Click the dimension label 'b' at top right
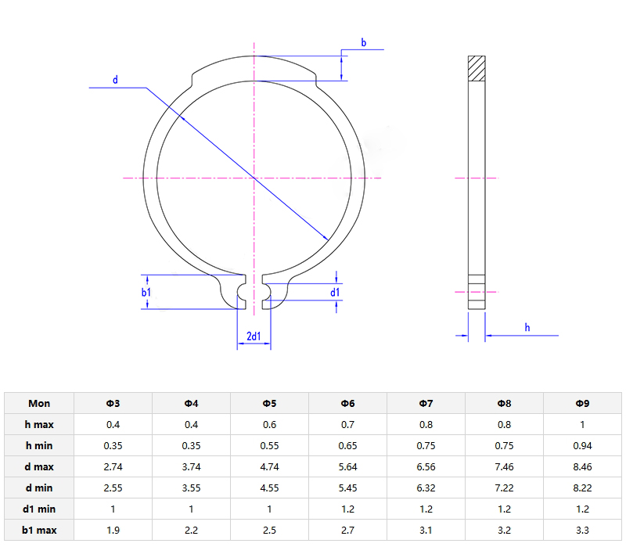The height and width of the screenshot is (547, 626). [363, 42]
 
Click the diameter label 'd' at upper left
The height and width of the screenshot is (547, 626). [115, 80]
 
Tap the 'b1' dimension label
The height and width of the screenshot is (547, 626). [146, 292]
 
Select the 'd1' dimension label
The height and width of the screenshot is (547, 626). [335, 292]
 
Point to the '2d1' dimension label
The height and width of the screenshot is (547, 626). [254, 336]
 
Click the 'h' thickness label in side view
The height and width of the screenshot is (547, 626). [527, 327]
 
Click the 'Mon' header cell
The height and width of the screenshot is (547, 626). [39, 403]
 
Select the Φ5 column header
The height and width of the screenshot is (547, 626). [269, 403]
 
